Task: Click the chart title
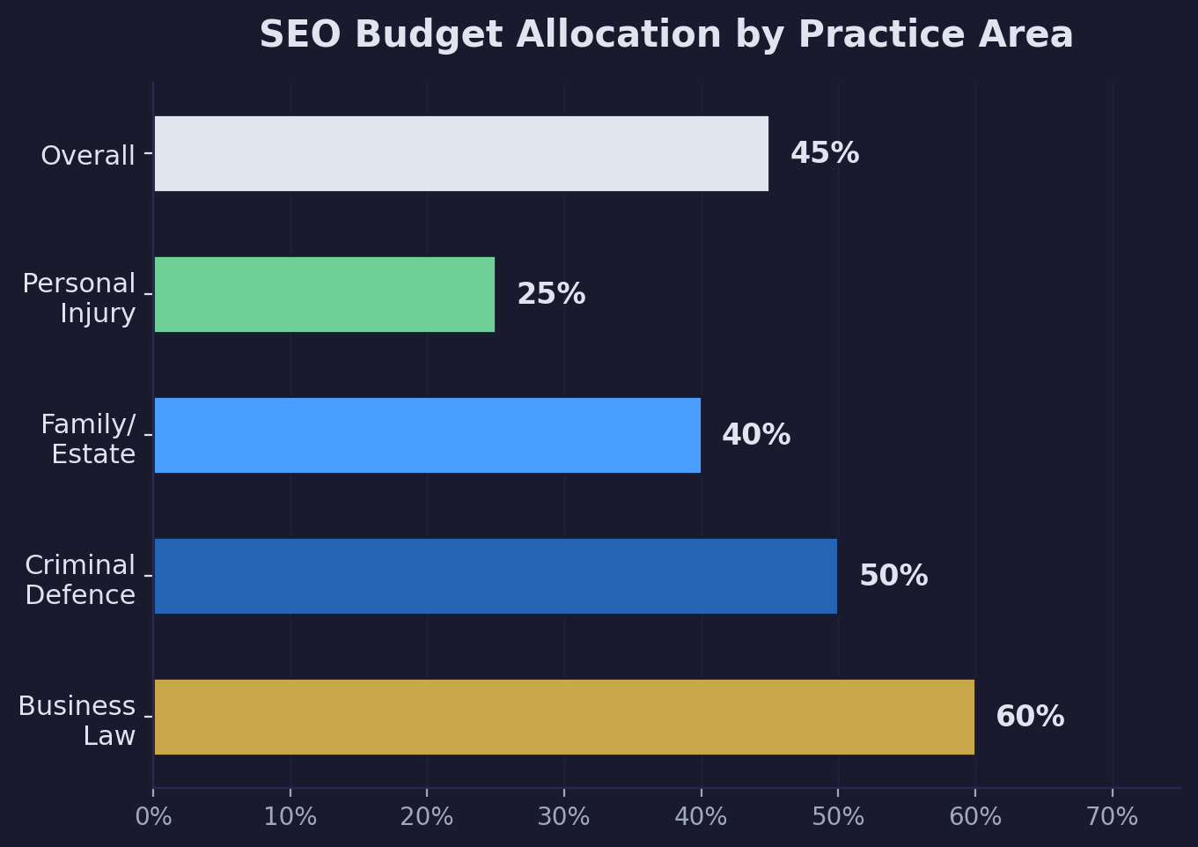tap(665, 35)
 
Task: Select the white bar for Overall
tap(460, 153)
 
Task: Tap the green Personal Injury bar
tap(324, 294)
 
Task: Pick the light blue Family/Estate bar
tap(427, 435)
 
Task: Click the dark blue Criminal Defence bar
tap(495, 576)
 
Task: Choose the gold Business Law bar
tap(563, 717)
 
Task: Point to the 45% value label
tap(824, 153)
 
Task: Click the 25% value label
tap(550, 294)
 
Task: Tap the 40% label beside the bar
tap(755, 435)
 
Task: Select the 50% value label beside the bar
tap(893, 576)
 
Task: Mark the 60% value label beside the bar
tap(1029, 717)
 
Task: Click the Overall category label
tap(88, 156)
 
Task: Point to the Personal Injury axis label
tap(79, 298)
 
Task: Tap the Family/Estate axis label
tap(88, 438)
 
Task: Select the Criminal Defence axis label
tap(80, 579)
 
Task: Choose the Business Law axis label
tap(77, 720)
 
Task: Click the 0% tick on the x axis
tap(153, 817)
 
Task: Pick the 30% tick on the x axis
tap(563, 817)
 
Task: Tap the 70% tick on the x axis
tap(1112, 817)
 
